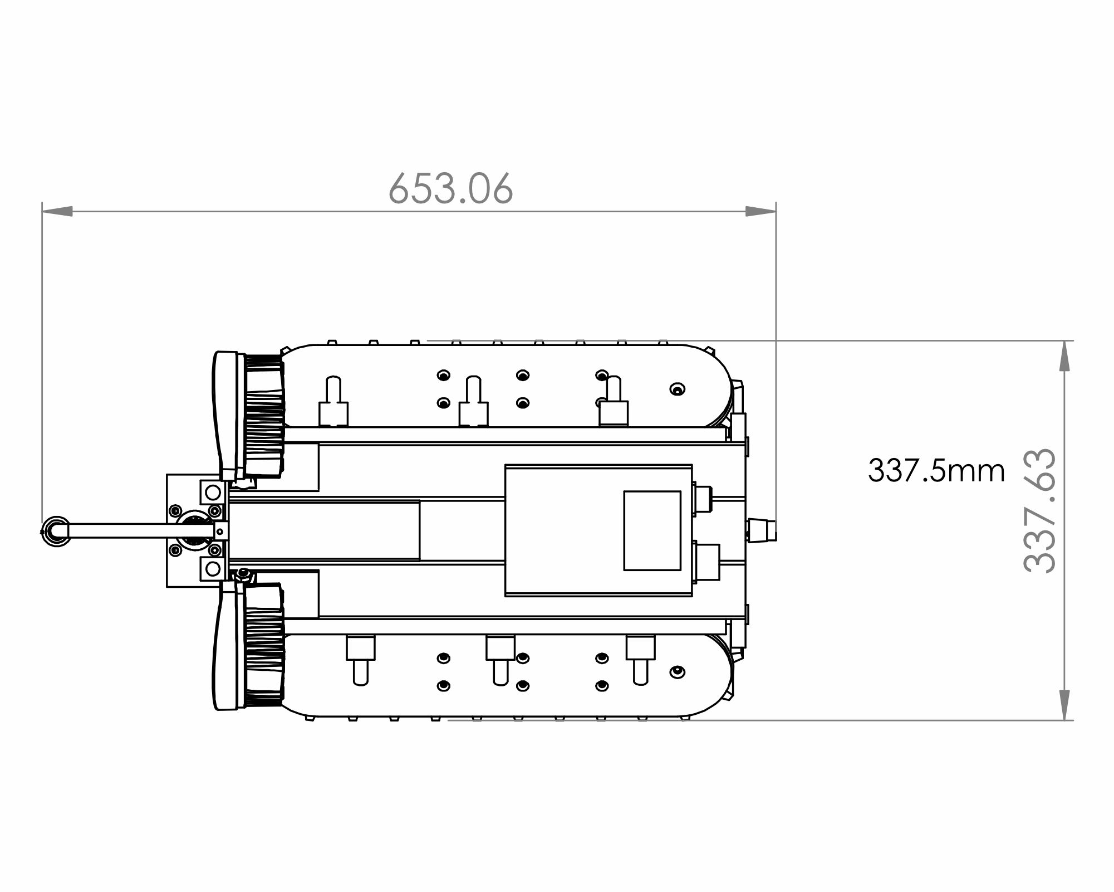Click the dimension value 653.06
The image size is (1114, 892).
click(450, 188)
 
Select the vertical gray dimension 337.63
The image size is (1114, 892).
click(1039, 511)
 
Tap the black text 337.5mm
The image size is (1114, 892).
click(936, 471)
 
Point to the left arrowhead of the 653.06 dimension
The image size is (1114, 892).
click(57, 212)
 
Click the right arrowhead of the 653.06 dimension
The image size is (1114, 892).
click(760, 212)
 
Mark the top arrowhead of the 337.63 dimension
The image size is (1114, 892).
click(1064, 355)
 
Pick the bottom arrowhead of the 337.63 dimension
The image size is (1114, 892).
click(1064, 705)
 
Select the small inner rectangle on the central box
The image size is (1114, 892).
click(652, 530)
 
